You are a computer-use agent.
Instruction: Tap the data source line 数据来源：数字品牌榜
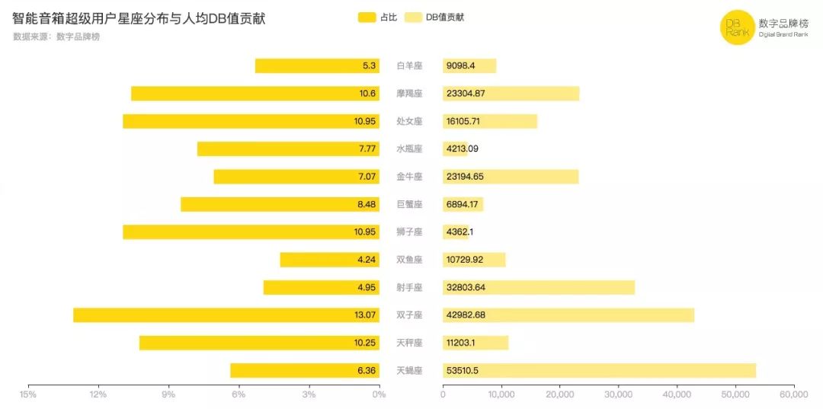pyautogui.click(x=56, y=37)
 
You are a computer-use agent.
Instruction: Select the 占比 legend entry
pyautogui.click(x=377, y=17)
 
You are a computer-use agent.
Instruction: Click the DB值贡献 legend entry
pyautogui.click(x=434, y=17)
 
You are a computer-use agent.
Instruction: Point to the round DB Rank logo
pyautogui.click(x=737, y=28)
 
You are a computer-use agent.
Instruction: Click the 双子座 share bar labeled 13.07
pyautogui.click(x=226, y=315)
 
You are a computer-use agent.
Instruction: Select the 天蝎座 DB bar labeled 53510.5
pyautogui.click(x=599, y=371)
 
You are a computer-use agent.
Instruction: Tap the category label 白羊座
pyautogui.click(x=409, y=66)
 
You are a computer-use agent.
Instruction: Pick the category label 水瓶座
pyautogui.click(x=409, y=149)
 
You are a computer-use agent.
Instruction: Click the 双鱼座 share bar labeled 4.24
pyautogui.click(x=329, y=260)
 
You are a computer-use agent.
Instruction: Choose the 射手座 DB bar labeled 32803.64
pyautogui.click(x=538, y=287)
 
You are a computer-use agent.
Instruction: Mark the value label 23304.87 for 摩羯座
pyautogui.click(x=466, y=94)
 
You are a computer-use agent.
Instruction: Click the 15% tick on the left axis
pyautogui.click(x=28, y=395)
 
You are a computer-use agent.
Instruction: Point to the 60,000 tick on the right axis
pyautogui.click(x=793, y=395)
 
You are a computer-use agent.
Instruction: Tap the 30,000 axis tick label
pyautogui.click(x=618, y=395)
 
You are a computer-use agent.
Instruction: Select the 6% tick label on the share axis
pyautogui.click(x=239, y=395)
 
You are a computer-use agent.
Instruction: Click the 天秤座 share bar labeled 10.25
pyautogui.click(x=259, y=343)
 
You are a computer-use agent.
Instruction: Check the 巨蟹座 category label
pyautogui.click(x=409, y=204)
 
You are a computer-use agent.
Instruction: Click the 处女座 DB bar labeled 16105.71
pyautogui.click(x=490, y=121)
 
